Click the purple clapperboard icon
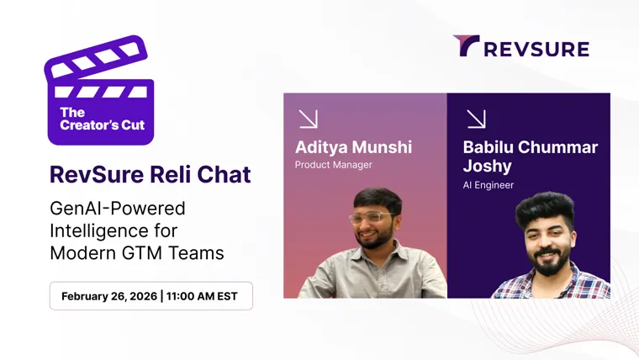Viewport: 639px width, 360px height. (99, 91)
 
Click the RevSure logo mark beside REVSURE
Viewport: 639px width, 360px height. (466, 45)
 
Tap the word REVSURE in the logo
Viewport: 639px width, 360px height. (536, 50)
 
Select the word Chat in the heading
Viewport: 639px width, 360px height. (224, 174)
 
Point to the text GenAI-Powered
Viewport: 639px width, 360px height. (118, 209)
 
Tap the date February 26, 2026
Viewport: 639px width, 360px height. (109, 296)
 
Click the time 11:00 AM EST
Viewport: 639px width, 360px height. (202, 296)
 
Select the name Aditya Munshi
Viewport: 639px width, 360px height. (353, 147)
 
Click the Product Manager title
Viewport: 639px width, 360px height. (333, 165)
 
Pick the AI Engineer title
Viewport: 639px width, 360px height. (488, 185)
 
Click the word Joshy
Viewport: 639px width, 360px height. (487, 167)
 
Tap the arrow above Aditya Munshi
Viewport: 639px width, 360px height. (308, 119)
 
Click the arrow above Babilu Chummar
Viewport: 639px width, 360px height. (476, 119)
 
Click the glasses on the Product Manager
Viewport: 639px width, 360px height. (370, 217)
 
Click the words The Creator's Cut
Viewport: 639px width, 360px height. (103, 119)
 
